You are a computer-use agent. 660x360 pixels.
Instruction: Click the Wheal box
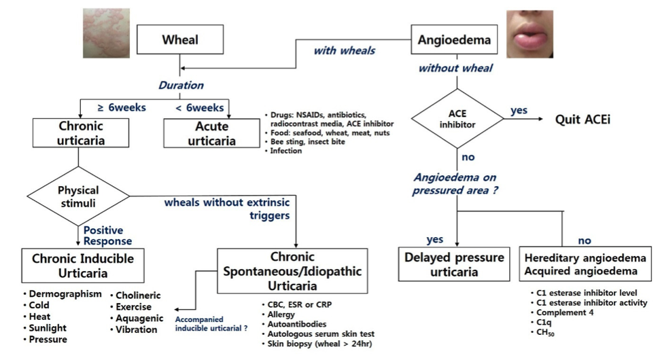coord(179,40)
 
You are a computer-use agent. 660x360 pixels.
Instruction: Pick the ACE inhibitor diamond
coord(457,120)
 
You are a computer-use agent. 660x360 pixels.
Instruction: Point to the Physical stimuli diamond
coord(78,196)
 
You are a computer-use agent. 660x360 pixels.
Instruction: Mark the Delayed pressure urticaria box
coord(454,265)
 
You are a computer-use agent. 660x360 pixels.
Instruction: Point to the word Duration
coord(181,86)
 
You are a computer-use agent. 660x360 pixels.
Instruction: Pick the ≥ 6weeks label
coord(122,107)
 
